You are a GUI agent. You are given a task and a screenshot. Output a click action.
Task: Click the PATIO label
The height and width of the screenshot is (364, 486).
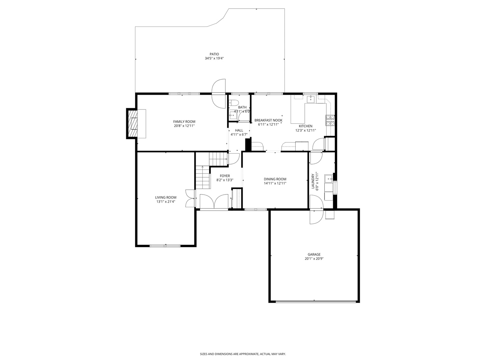coord(214,54)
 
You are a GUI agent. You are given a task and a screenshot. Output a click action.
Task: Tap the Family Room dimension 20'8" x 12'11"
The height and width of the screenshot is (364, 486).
coord(184,126)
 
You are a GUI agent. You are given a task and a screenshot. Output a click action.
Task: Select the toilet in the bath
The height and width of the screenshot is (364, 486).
coord(234,103)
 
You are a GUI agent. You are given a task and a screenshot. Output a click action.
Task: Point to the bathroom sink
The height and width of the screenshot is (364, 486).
coord(233,115)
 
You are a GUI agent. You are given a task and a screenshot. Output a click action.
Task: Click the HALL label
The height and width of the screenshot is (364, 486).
coord(239,130)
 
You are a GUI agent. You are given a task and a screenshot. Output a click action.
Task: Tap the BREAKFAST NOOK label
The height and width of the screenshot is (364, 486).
coord(268,120)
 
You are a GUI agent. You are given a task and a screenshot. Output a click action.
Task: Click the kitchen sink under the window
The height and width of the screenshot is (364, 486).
coord(311,99)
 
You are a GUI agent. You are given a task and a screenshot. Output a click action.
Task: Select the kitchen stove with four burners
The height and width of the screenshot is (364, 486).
coord(330,120)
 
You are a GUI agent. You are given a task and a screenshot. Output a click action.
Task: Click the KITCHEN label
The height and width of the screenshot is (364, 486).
coord(305,126)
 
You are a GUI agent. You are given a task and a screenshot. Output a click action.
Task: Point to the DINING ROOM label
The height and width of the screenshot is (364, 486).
coord(275,179)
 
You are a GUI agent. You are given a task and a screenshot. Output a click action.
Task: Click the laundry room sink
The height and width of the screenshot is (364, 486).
coord(328,178)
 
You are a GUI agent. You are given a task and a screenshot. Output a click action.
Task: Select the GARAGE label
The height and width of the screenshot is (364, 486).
coord(314,254)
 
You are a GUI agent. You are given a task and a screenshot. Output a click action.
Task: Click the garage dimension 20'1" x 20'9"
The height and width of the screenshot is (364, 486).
coord(314,259)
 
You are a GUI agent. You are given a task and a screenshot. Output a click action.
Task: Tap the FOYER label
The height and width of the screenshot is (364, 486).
coord(225,176)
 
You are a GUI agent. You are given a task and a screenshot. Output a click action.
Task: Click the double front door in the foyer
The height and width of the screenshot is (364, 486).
coord(214,202)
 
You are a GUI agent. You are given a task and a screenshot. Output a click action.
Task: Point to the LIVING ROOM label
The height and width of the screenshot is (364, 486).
coord(166,198)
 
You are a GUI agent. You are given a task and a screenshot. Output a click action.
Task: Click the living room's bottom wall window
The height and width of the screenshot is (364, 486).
coord(165,246)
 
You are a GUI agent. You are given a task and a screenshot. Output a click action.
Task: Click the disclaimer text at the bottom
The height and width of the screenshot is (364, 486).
coord(243,354)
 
